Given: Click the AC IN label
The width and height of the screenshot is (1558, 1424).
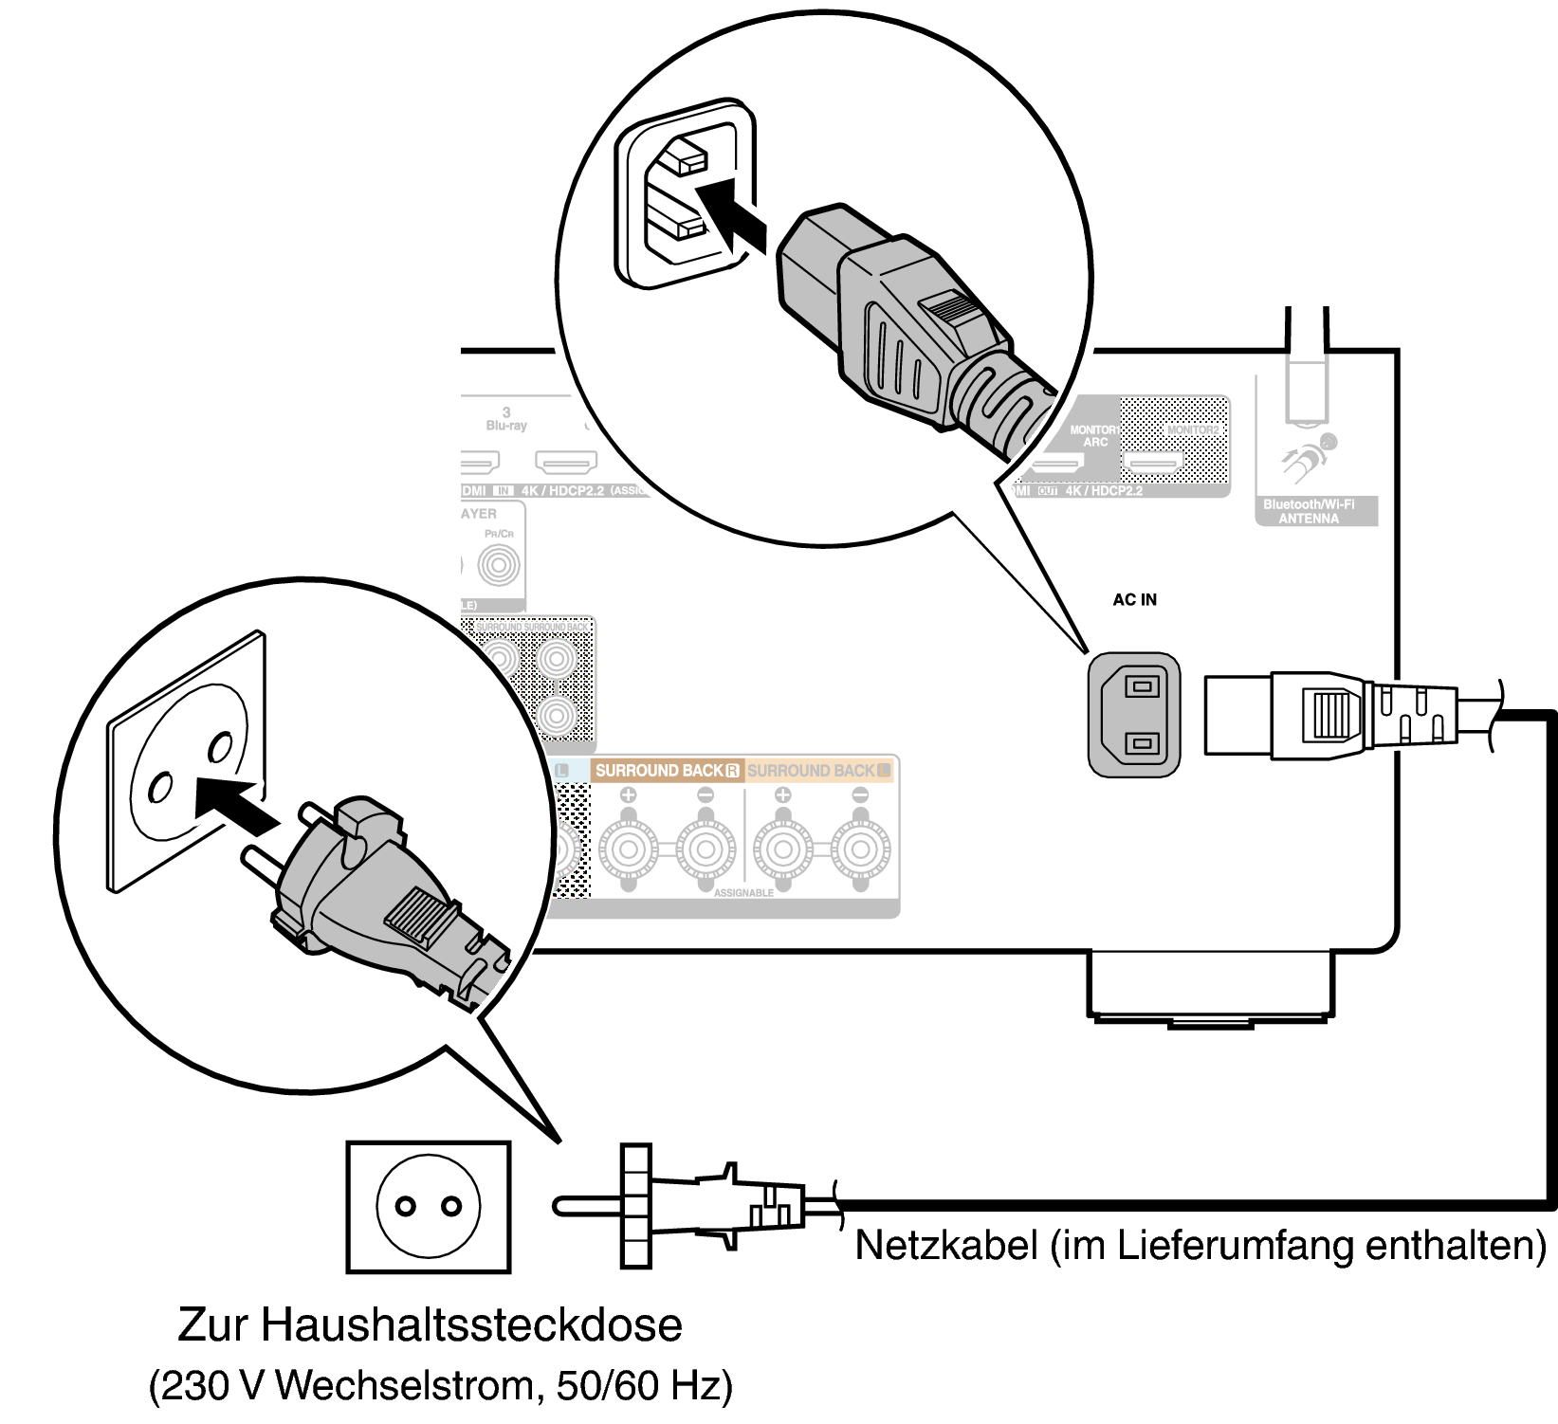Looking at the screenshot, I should coord(1134,600).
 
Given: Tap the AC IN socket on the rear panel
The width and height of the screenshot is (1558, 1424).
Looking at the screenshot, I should coord(1134,714).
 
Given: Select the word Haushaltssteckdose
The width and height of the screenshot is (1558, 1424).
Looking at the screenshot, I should coord(471,1324).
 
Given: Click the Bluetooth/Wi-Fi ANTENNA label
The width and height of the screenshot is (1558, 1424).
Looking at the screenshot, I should coord(1309,512).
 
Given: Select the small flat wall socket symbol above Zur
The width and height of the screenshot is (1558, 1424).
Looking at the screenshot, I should coord(429,1206).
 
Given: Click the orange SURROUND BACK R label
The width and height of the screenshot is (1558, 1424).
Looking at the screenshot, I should coord(667,771).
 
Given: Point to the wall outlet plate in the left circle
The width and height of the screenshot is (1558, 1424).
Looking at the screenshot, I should coord(185,758).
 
